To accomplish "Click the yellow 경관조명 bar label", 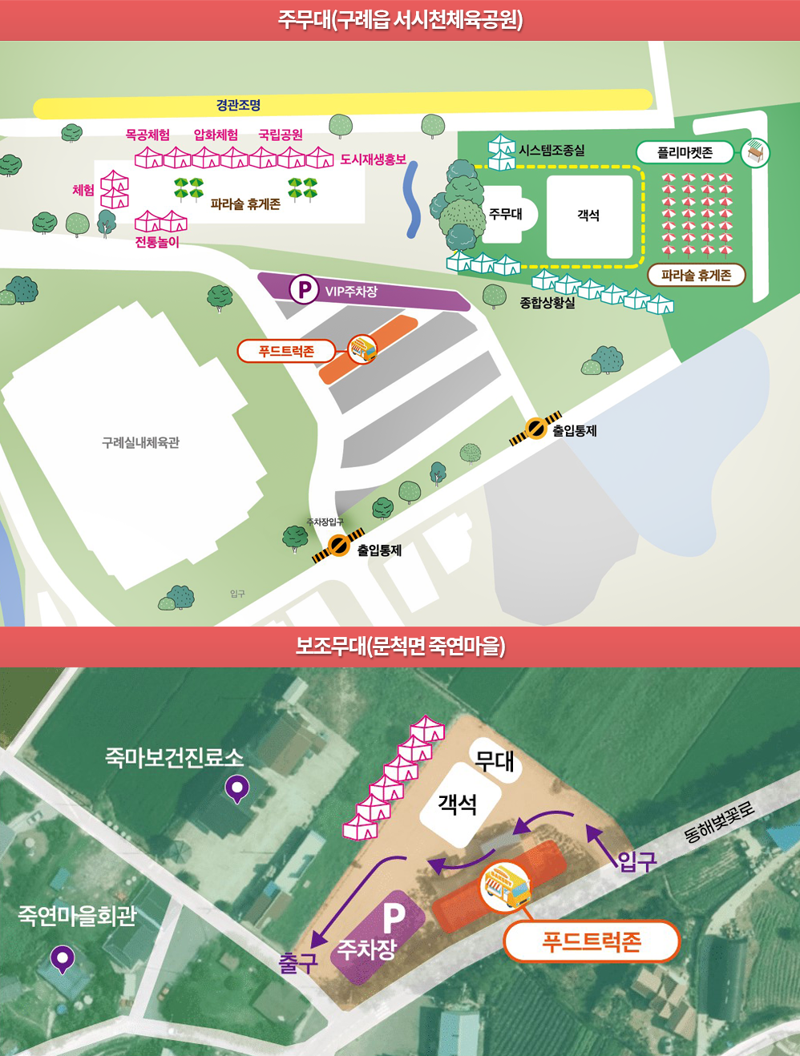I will [x=238, y=105].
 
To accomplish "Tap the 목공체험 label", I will [x=147, y=135].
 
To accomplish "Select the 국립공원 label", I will [x=281, y=135].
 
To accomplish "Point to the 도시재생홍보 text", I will [x=373, y=159].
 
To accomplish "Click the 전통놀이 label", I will [x=157, y=242].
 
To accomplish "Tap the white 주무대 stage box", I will [x=505, y=214].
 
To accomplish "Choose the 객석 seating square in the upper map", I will [x=588, y=215].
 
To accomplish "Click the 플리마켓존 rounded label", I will [x=685, y=152].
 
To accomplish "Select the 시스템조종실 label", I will [x=552, y=150].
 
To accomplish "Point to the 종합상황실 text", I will [x=547, y=303].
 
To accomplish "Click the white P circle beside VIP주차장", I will [x=304, y=288].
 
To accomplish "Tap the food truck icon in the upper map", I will [x=362, y=349].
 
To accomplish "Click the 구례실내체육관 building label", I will [x=140, y=442].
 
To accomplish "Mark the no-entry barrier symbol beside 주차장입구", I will [x=339, y=546].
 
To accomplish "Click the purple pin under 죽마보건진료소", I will [x=236, y=788].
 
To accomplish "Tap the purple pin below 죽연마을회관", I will [x=63, y=958].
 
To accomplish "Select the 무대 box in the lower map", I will [x=495, y=760].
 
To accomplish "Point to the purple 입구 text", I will [x=637, y=861].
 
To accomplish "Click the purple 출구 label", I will [x=297, y=962].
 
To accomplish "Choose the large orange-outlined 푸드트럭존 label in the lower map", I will [x=592, y=941].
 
